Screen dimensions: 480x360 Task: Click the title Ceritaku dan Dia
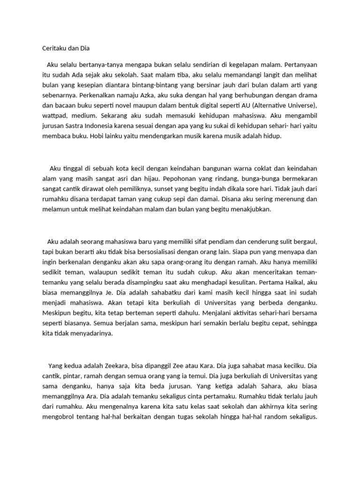pos(66,48)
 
